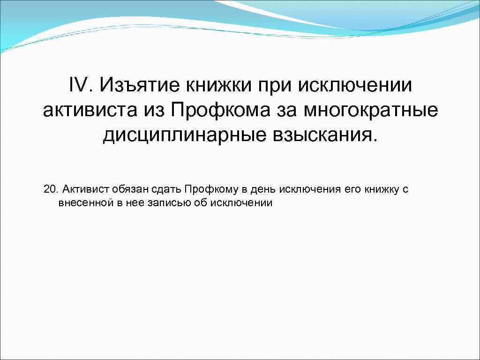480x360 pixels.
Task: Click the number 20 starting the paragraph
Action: pos(49,189)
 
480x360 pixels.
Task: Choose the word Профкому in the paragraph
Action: pos(206,189)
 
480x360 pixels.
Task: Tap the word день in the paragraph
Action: pos(257,189)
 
